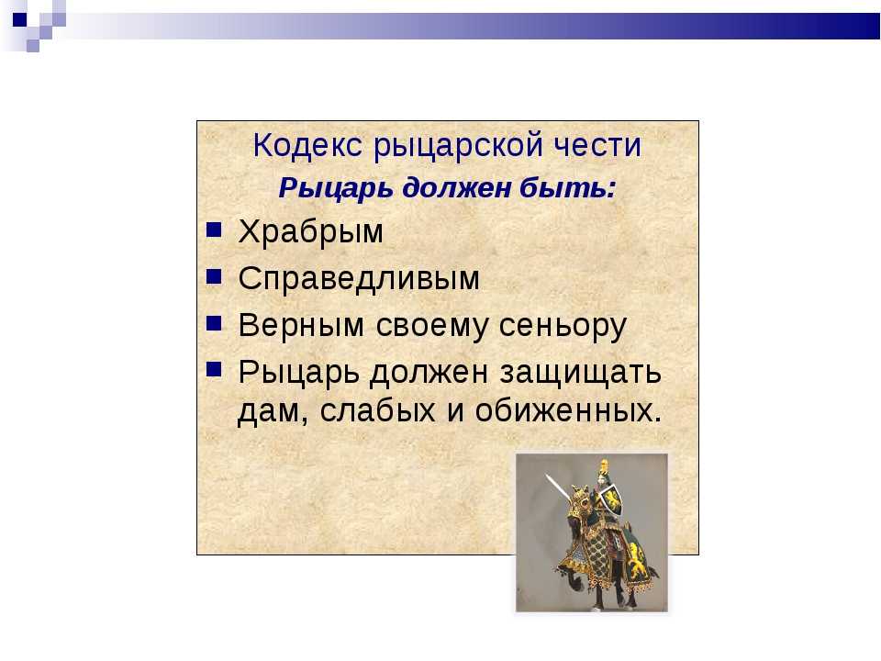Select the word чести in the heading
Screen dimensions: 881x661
coord(597,146)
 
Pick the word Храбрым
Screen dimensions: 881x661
coord(311,231)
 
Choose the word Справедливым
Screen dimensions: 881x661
coord(359,279)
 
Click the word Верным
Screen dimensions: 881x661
coord(301,325)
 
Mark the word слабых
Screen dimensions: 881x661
coord(377,411)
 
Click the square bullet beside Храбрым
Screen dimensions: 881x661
coord(214,230)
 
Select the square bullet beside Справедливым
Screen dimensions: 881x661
coord(214,276)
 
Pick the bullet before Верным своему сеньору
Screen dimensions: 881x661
coord(214,323)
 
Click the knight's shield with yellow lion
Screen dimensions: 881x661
coord(612,500)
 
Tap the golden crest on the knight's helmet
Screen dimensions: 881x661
coord(604,466)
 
